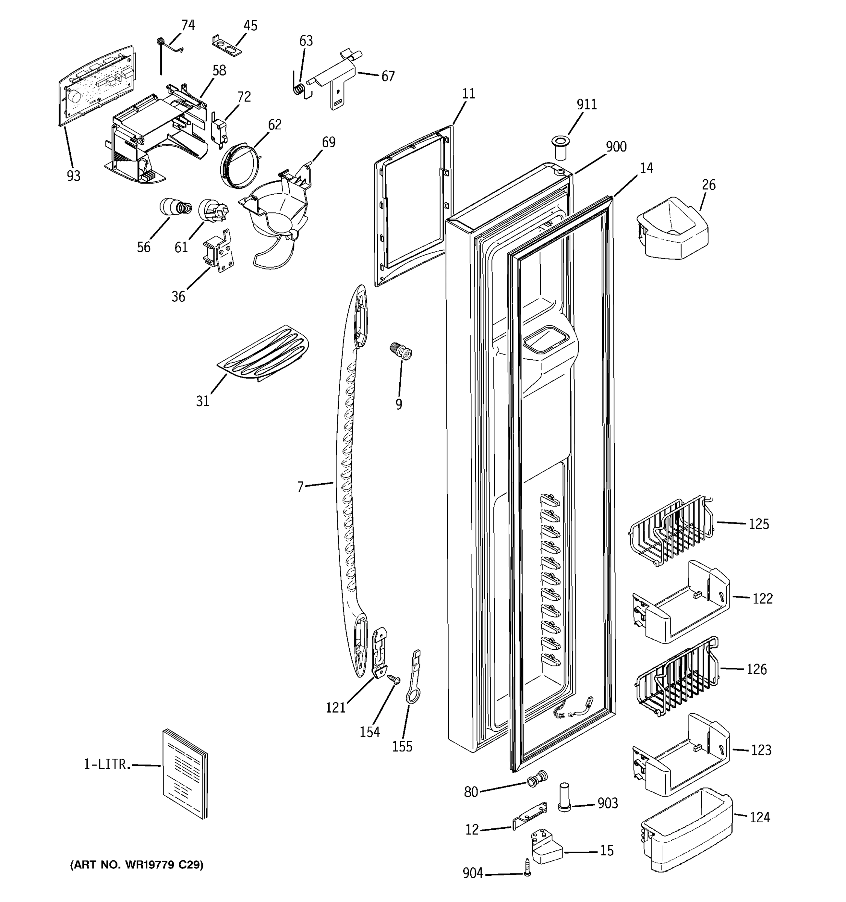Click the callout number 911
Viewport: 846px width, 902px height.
pyautogui.click(x=587, y=105)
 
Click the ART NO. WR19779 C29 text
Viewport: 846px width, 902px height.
pyautogui.click(x=136, y=865)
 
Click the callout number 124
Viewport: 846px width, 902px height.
pyautogui.click(x=760, y=817)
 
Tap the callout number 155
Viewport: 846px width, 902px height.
pyautogui.click(x=402, y=746)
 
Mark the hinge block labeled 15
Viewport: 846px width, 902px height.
pyautogui.click(x=546, y=847)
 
